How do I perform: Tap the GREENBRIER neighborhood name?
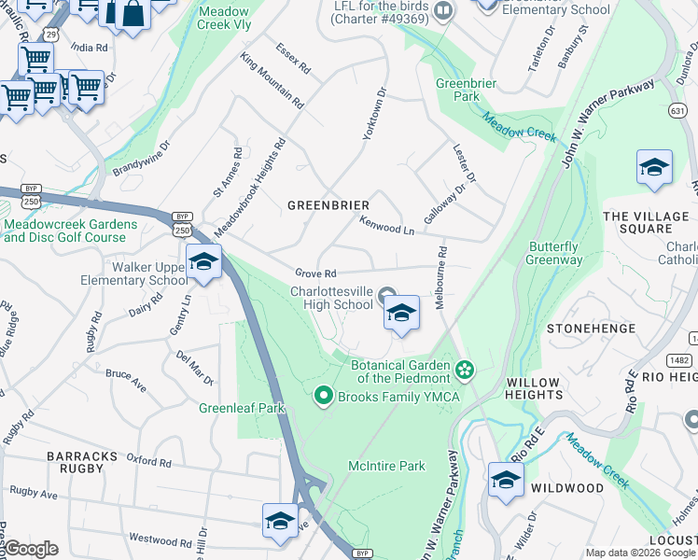coord(328,205)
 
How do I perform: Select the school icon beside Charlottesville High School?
coord(401,314)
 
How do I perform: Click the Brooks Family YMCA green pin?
coord(324,397)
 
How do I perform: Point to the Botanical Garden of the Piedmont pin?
coord(464,372)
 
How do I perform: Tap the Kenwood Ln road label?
coord(386,225)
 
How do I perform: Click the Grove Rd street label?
coord(315,273)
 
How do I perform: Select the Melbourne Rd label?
coord(442,278)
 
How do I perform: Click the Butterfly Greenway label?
coord(554,254)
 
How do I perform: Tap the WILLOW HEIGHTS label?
coord(534,389)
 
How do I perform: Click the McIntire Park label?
coord(386,466)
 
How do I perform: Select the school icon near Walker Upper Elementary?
coord(203,262)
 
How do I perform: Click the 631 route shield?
coord(678,110)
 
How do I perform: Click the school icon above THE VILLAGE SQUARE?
coord(654,169)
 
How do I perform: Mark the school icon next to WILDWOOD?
coord(506,481)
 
